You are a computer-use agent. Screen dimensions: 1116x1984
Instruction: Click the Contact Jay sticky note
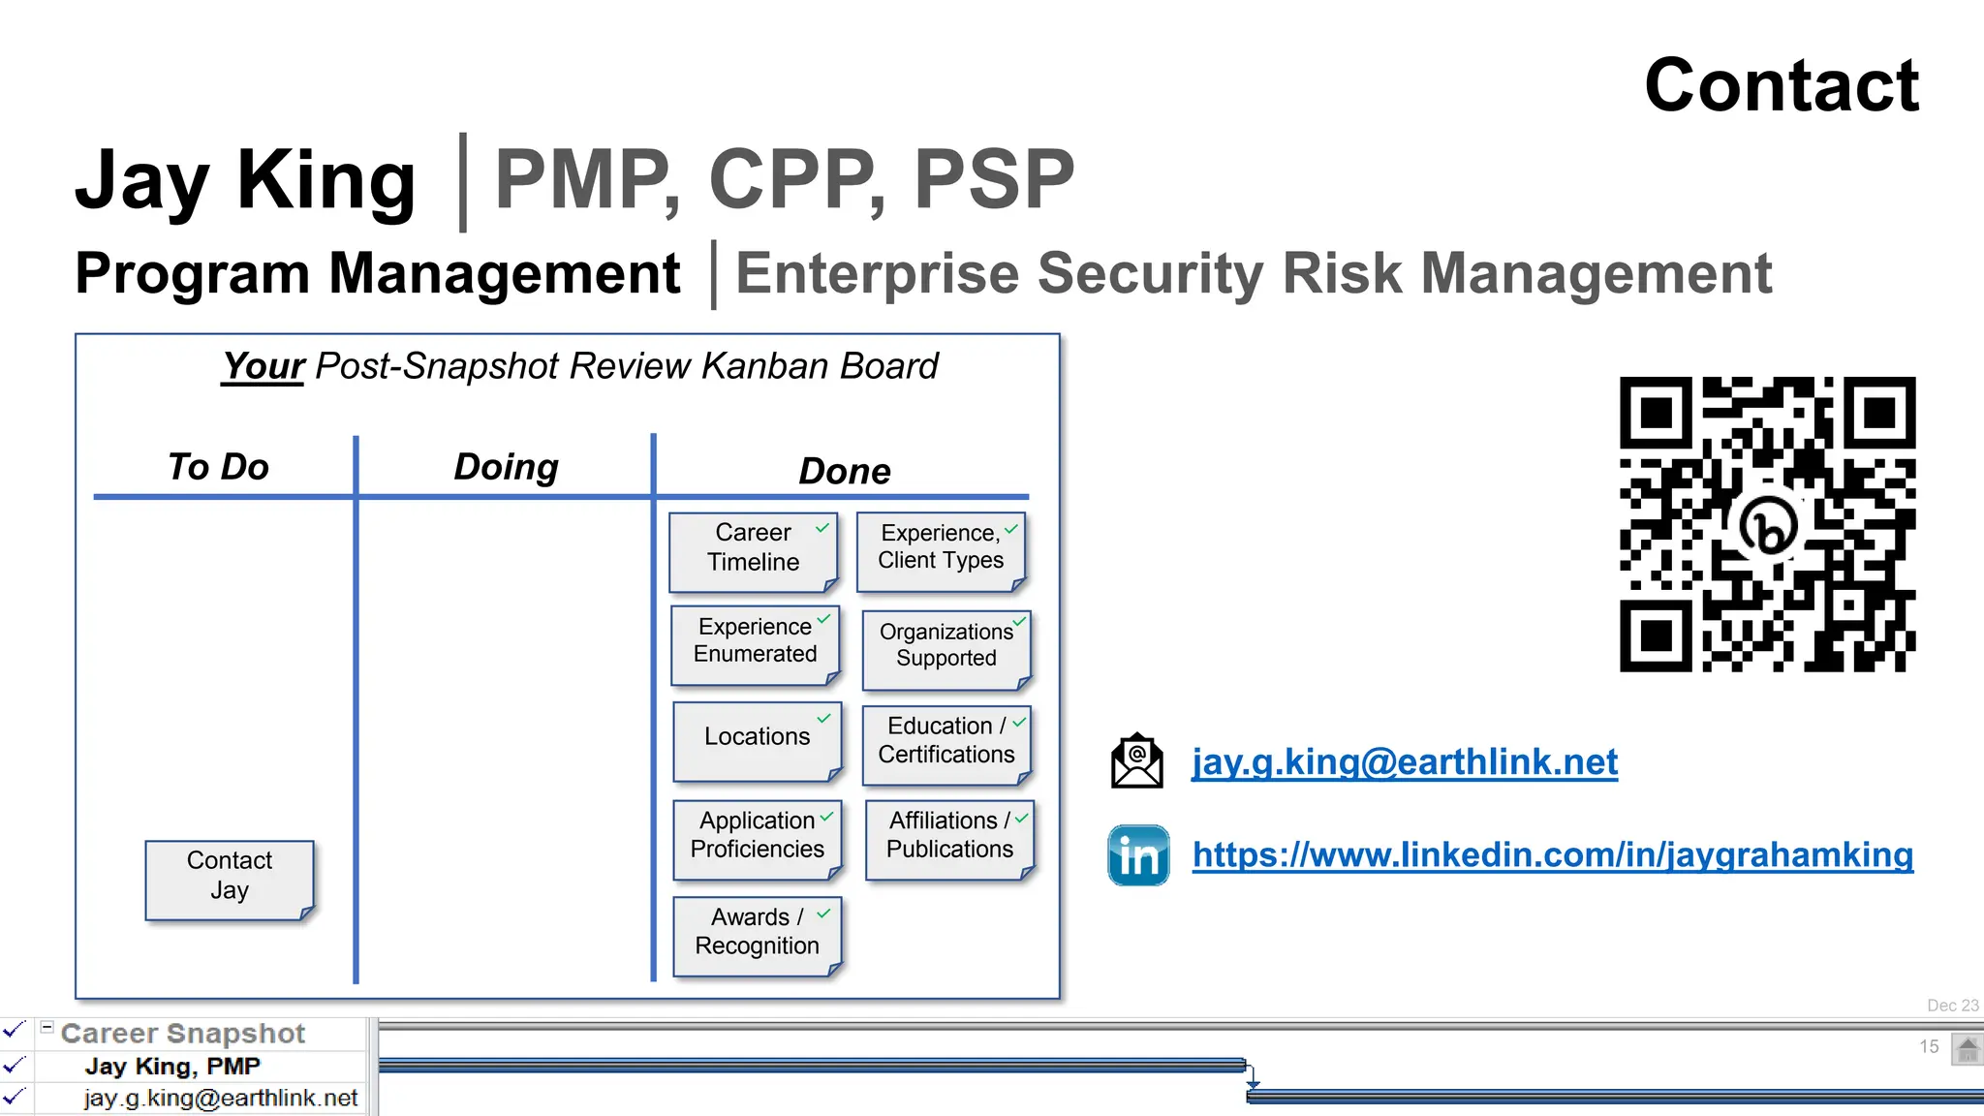[230, 878]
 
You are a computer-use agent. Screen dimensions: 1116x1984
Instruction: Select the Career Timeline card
[753, 549]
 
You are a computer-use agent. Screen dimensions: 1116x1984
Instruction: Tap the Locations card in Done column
[757, 738]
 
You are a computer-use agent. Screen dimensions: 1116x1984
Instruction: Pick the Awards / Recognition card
[757, 933]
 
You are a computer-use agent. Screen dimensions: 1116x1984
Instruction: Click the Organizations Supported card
[945, 646]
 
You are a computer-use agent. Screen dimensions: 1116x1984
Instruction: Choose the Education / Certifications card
[945, 741]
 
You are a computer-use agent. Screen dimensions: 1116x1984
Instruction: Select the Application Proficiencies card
[757, 836]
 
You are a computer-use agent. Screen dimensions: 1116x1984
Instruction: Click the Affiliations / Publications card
[948, 836]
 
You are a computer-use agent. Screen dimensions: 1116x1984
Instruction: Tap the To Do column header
[218, 467]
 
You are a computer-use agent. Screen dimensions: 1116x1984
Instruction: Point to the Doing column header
[506, 467]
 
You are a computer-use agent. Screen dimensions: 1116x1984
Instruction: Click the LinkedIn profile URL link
[1552, 855]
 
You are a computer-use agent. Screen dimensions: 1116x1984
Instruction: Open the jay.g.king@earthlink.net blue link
[1404, 762]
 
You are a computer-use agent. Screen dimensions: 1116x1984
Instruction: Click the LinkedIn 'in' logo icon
[1138, 855]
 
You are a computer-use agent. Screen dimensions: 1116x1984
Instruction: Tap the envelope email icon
[1136, 761]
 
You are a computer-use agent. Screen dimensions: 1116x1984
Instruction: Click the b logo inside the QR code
[1769, 527]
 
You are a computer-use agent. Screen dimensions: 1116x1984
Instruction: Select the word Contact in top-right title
[1781, 85]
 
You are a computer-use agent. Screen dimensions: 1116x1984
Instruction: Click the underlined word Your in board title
[263, 367]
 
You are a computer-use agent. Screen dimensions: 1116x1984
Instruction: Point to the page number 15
[1929, 1046]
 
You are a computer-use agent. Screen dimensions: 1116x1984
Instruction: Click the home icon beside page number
[1967, 1048]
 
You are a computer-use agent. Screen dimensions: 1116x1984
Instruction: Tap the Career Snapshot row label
[182, 1034]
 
